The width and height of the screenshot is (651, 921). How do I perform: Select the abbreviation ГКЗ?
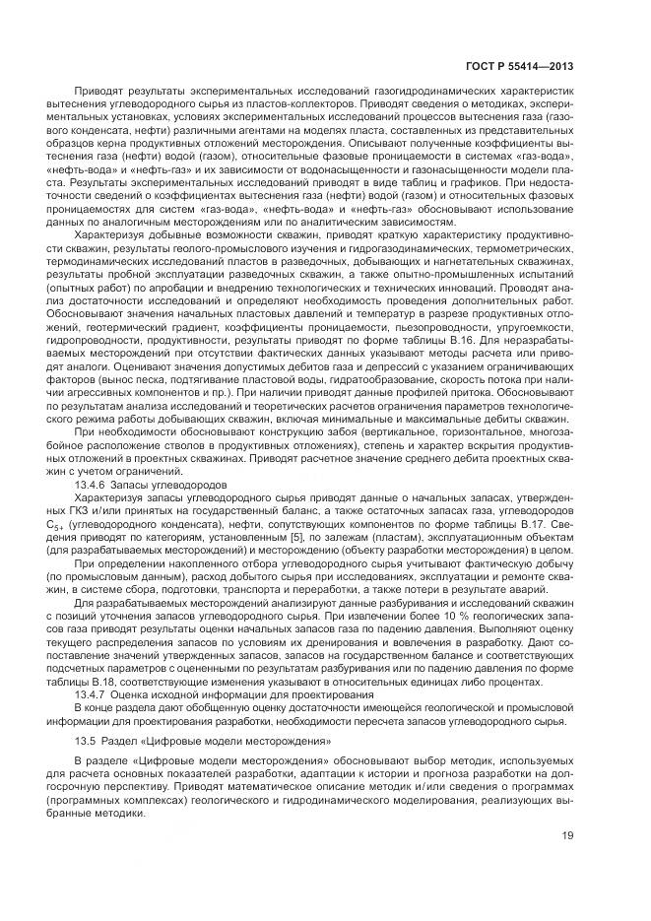click(88, 512)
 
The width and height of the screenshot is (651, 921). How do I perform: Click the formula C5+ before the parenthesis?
click(83, 526)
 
